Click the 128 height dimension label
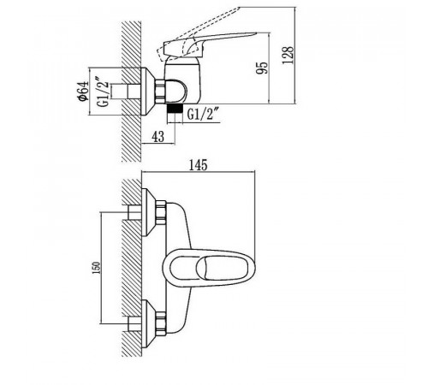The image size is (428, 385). pyautogui.click(x=288, y=56)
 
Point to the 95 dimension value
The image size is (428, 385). pyautogui.click(x=262, y=68)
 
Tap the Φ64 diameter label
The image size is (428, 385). pyautogui.click(x=83, y=92)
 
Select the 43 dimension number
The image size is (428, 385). pyautogui.click(x=158, y=136)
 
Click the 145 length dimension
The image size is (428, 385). pyautogui.click(x=198, y=165)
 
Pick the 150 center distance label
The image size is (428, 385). pyautogui.click(x=97, y=268)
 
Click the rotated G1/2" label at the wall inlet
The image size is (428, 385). pyautogui.click(x=104, y=92)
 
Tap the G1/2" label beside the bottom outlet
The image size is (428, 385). pyautogui.click(x=203, y=115)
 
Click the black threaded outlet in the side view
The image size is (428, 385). pyautogui.click(x=175, y=110)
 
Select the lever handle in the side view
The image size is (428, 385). pyautogui.click(x=208, y=43)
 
